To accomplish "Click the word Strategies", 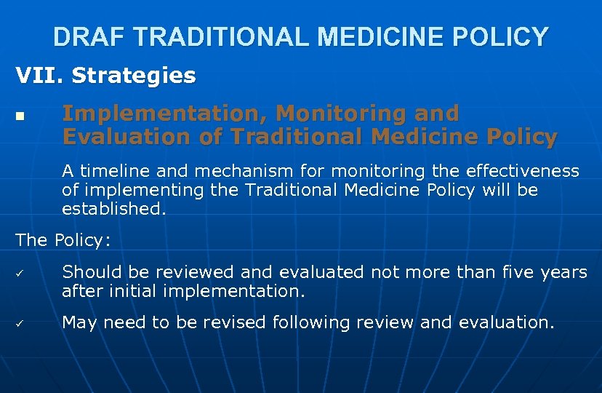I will point(134,76).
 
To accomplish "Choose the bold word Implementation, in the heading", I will point(164,114).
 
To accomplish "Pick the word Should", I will point(92,272).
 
